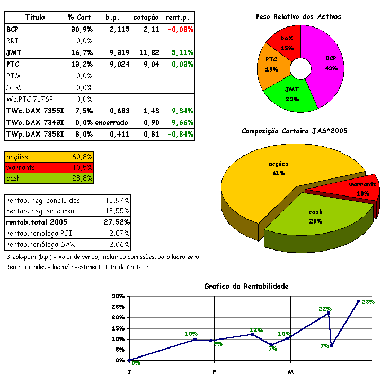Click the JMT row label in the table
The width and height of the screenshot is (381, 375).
click(15, 52)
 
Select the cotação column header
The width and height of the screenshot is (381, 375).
click(146, 17)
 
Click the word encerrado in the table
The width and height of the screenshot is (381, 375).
click(112, 122)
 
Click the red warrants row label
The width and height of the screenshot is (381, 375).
click(21, 167)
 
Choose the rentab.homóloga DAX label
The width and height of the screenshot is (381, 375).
click(42, 245)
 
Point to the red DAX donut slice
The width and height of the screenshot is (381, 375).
click(287, 42)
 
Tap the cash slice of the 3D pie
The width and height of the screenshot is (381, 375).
click(316, 216)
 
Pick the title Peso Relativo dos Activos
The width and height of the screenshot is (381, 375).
click(298, 17)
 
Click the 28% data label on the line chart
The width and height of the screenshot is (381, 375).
click(368, 302)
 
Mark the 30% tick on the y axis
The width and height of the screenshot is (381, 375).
click(118, 296)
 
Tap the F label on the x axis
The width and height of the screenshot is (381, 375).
click(214, 372)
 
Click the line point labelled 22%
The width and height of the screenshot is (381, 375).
click(329, 313)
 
